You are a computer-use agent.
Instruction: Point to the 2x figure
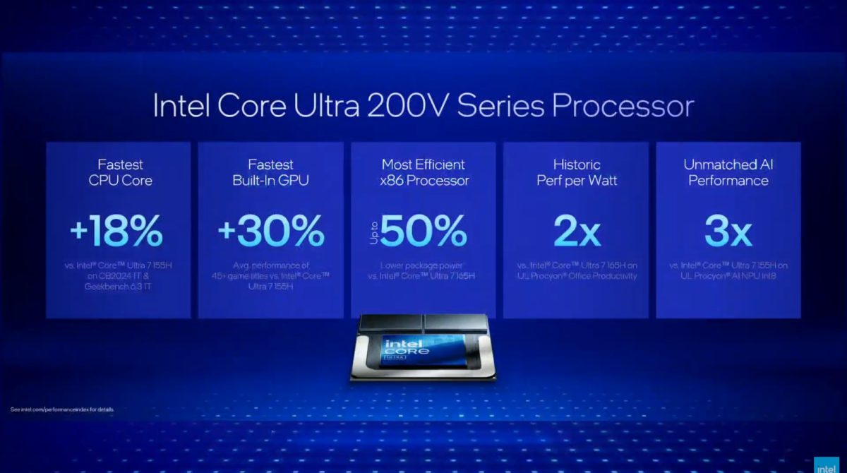click(576, 231)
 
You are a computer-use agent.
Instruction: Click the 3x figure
click(728, 231)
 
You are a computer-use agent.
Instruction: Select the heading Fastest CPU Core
click(118, 172)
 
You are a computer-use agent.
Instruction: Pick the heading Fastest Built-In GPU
click(270, 172)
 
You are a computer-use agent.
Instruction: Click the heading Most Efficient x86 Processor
click(423, 172)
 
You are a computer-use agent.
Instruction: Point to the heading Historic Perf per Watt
click(576, 172)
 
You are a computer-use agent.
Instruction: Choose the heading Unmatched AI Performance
click(728, 172)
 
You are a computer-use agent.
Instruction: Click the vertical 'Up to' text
click(375, 231)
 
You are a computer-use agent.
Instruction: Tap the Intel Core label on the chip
click(404, 350)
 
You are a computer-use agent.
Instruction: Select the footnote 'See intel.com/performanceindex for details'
click(62, 409)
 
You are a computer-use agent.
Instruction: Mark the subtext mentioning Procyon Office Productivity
click(576, 270)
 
